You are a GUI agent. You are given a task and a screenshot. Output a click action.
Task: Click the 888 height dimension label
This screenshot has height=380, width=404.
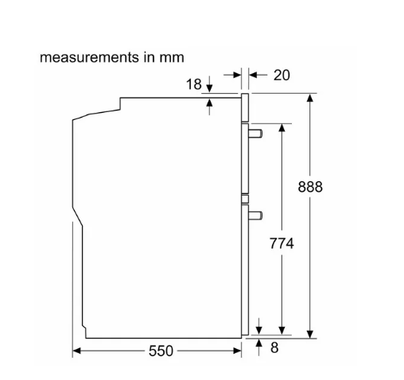310,187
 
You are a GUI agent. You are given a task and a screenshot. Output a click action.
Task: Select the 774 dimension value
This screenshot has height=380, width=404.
282,243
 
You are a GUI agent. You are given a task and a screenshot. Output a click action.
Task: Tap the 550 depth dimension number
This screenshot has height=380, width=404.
161,351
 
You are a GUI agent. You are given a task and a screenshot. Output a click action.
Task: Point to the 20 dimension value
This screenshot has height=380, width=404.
282,75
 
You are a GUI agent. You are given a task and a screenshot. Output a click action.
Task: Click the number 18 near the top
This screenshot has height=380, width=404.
194,84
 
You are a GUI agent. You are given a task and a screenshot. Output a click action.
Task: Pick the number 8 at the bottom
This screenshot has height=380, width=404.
274,347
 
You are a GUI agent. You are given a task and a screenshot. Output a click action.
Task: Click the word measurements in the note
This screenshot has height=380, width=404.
89,57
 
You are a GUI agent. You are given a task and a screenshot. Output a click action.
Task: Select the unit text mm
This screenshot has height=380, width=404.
172,58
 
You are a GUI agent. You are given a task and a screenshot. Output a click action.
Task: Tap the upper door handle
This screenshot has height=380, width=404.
255,134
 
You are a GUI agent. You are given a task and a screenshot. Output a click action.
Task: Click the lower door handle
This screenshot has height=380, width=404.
255,215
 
